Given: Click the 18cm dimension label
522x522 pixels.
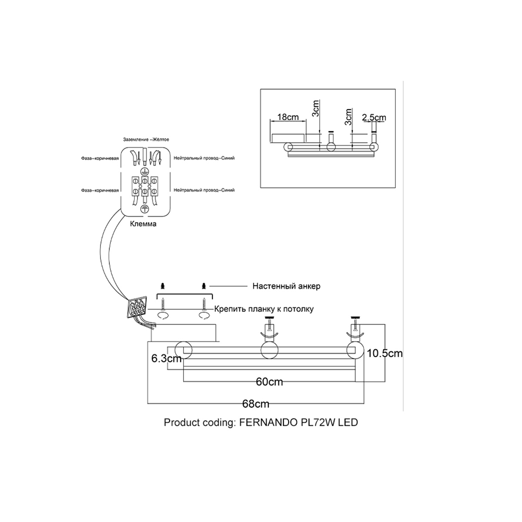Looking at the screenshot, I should point(288,117).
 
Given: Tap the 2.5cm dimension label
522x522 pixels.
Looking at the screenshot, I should point(374,117).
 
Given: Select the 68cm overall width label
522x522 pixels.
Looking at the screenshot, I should point(256,404).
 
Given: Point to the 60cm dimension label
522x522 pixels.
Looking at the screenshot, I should point(269,382).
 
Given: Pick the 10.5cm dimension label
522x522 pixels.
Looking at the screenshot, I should point(385,353).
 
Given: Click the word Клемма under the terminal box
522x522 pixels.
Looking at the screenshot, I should point(143,225).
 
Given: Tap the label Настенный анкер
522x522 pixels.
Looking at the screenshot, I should point(286,286).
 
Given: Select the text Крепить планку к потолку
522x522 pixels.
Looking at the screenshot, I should point(264,309).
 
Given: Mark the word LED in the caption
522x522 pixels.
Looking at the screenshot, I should point(348,422).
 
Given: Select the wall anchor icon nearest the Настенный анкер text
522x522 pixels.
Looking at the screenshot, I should point(203,286).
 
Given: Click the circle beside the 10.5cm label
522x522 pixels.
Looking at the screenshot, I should point(356,351).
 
